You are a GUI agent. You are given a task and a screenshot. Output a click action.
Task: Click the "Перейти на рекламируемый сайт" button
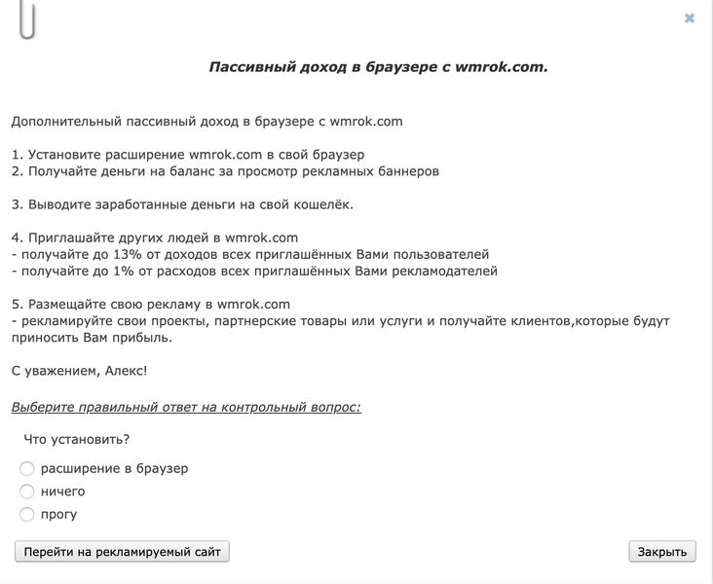click(x=122, y=552)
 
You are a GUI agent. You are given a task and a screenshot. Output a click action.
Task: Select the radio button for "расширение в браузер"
click(x=27, y=469)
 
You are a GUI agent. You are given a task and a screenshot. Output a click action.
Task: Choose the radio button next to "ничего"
click(x=27, y=492)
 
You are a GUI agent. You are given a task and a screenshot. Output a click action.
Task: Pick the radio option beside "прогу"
click(x=27, y=514)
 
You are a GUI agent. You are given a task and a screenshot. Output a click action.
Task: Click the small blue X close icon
click(x=690, y=18)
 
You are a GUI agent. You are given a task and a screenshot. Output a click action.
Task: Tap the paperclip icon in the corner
click(x=27, y=19)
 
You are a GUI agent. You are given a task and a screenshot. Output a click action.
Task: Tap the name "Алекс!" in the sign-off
click(x=125, y=371)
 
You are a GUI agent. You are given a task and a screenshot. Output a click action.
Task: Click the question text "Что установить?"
click(x=77, y=439)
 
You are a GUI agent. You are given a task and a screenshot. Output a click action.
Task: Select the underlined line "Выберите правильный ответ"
click(x=186, y=406)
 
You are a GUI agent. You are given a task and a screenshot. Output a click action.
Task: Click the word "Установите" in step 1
click(x=61, y=154)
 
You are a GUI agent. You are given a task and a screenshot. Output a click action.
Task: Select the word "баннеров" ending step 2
click(x=407, y=170)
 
